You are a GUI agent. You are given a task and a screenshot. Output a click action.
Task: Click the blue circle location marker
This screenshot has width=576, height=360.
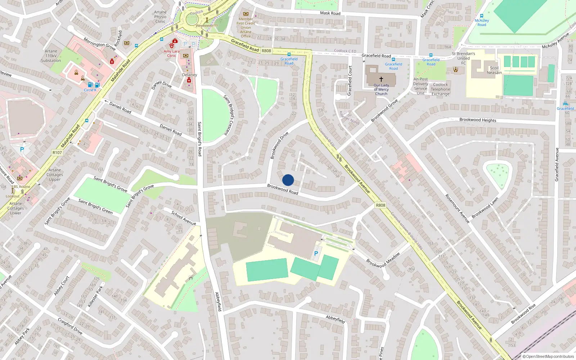tap(288, 180)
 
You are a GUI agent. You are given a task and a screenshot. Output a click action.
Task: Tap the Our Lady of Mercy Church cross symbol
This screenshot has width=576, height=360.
tap(381, 79)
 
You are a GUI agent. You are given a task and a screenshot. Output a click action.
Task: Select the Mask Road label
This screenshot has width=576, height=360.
tap(330, 13)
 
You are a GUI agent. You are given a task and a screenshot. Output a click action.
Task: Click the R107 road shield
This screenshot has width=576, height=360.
tap(57, 153)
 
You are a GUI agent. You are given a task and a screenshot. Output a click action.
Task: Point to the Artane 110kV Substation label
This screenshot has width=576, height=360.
tap(51, 56)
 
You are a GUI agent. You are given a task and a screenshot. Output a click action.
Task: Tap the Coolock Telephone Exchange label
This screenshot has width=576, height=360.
tap(440, 89)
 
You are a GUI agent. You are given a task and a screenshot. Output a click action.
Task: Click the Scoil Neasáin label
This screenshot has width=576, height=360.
tap(494, 70)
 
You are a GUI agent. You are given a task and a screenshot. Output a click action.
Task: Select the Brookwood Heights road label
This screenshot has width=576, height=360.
tap(478, 120)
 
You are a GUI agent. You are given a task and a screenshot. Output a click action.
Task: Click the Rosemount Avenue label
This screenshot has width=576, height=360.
tap(458, 209)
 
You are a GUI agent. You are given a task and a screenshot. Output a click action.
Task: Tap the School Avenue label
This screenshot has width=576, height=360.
tap(184, 218)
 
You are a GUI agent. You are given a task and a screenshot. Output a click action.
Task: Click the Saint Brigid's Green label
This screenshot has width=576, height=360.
tap(95, 207)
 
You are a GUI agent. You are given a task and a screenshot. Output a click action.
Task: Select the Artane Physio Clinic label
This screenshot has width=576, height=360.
tap(160, 17)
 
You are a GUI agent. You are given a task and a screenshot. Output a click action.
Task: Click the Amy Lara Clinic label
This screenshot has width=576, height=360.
tap(171, 54)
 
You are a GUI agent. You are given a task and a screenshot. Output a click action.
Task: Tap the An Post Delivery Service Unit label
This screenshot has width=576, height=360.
tap(420, 86)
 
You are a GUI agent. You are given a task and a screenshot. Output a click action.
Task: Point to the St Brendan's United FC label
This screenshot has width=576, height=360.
tap(463, 58)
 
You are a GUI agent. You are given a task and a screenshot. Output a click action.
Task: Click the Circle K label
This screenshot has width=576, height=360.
tap(90, 90)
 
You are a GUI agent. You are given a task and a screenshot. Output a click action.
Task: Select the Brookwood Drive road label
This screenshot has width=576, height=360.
tap(279, 145)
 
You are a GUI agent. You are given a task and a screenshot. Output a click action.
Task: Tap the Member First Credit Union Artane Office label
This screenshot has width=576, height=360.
tap(246, 27)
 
